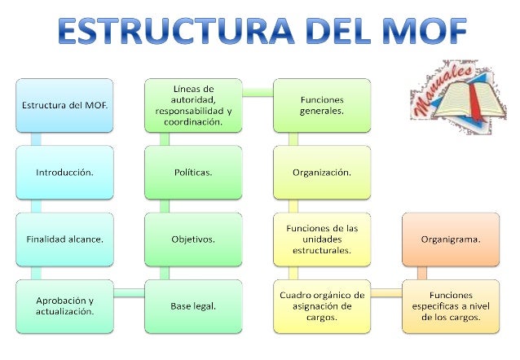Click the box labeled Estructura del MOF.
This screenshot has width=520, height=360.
coord(64,105)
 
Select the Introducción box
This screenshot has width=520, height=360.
coord(64,173)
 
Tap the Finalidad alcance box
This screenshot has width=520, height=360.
coord(64,239)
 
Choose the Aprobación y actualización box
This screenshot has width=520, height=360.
coord(64,306)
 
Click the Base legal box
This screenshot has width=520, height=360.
coord(193,306)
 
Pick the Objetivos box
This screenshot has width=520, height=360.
coord(193,239)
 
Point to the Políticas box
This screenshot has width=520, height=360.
coord(193,173)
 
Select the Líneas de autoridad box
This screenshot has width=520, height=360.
coord(193,105)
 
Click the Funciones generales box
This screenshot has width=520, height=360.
coord(321,105)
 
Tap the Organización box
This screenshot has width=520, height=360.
coord(321,173)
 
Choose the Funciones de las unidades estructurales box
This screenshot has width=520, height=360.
coord(321,239)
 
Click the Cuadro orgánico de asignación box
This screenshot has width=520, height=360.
coord(321,306)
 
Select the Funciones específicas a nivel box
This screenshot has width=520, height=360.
coord(450,306)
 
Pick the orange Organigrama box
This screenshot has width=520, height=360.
coord(450,239)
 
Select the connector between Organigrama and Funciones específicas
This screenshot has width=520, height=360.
coord(422,273)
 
